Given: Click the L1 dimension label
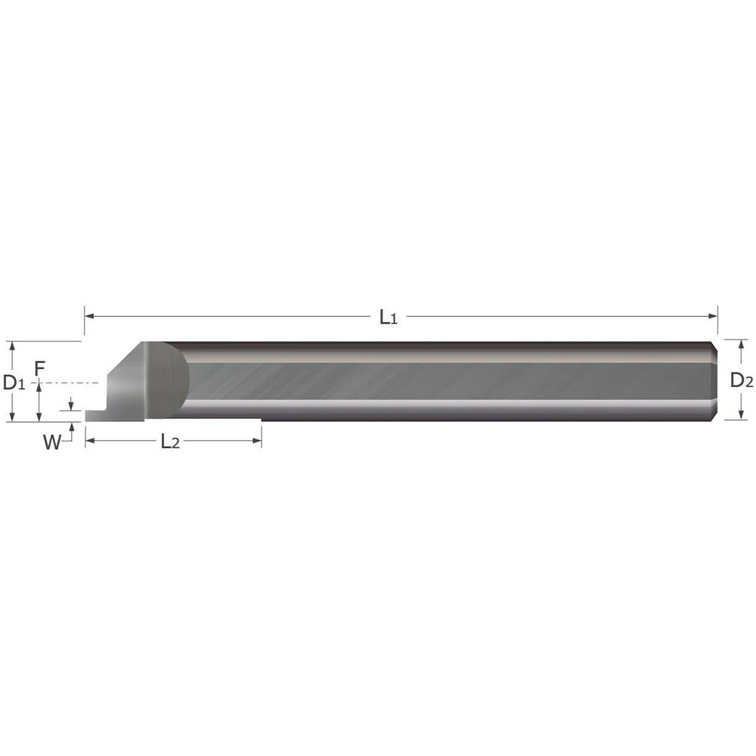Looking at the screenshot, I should pyautogui.click(x=388, y=318).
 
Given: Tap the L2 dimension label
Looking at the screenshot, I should pyautogui.click(x=171, y=442).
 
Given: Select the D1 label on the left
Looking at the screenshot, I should pyautogui.click(x=14, y=383).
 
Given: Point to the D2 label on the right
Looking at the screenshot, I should pyautogui.click(x=741, y=381).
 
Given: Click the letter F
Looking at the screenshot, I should pyautogui.click(x=40, y=369).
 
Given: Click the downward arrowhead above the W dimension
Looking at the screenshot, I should pyautogui.click(x=71, y=407).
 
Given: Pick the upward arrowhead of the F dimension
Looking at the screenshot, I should pyautogui.click(x=39, y=388).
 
